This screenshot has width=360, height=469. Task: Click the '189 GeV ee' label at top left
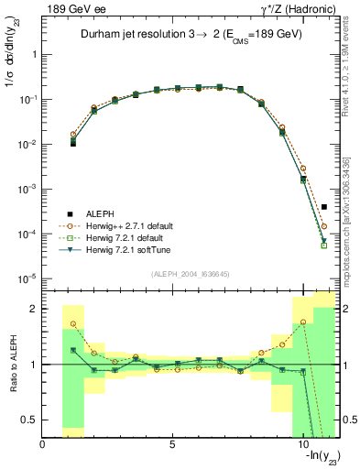(68, 9)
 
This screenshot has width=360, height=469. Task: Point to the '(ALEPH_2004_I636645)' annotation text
(190, 273)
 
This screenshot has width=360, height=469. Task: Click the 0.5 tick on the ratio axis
(30, 420)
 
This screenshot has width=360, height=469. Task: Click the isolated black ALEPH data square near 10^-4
(324, 207)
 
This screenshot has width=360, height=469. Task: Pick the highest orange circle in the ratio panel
(303, 322)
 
